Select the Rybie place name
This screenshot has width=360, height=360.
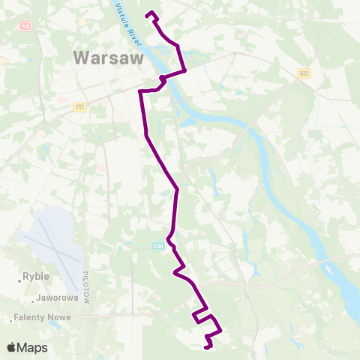tap(36, 276)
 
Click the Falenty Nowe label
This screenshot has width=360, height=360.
tap(44, 318)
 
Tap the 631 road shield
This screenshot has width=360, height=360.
tap(303, 73)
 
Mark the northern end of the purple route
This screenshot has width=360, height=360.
tap(146, 13)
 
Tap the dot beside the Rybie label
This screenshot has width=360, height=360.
tap(20, 280)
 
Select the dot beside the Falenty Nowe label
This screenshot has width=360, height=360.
tap(13, 318)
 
